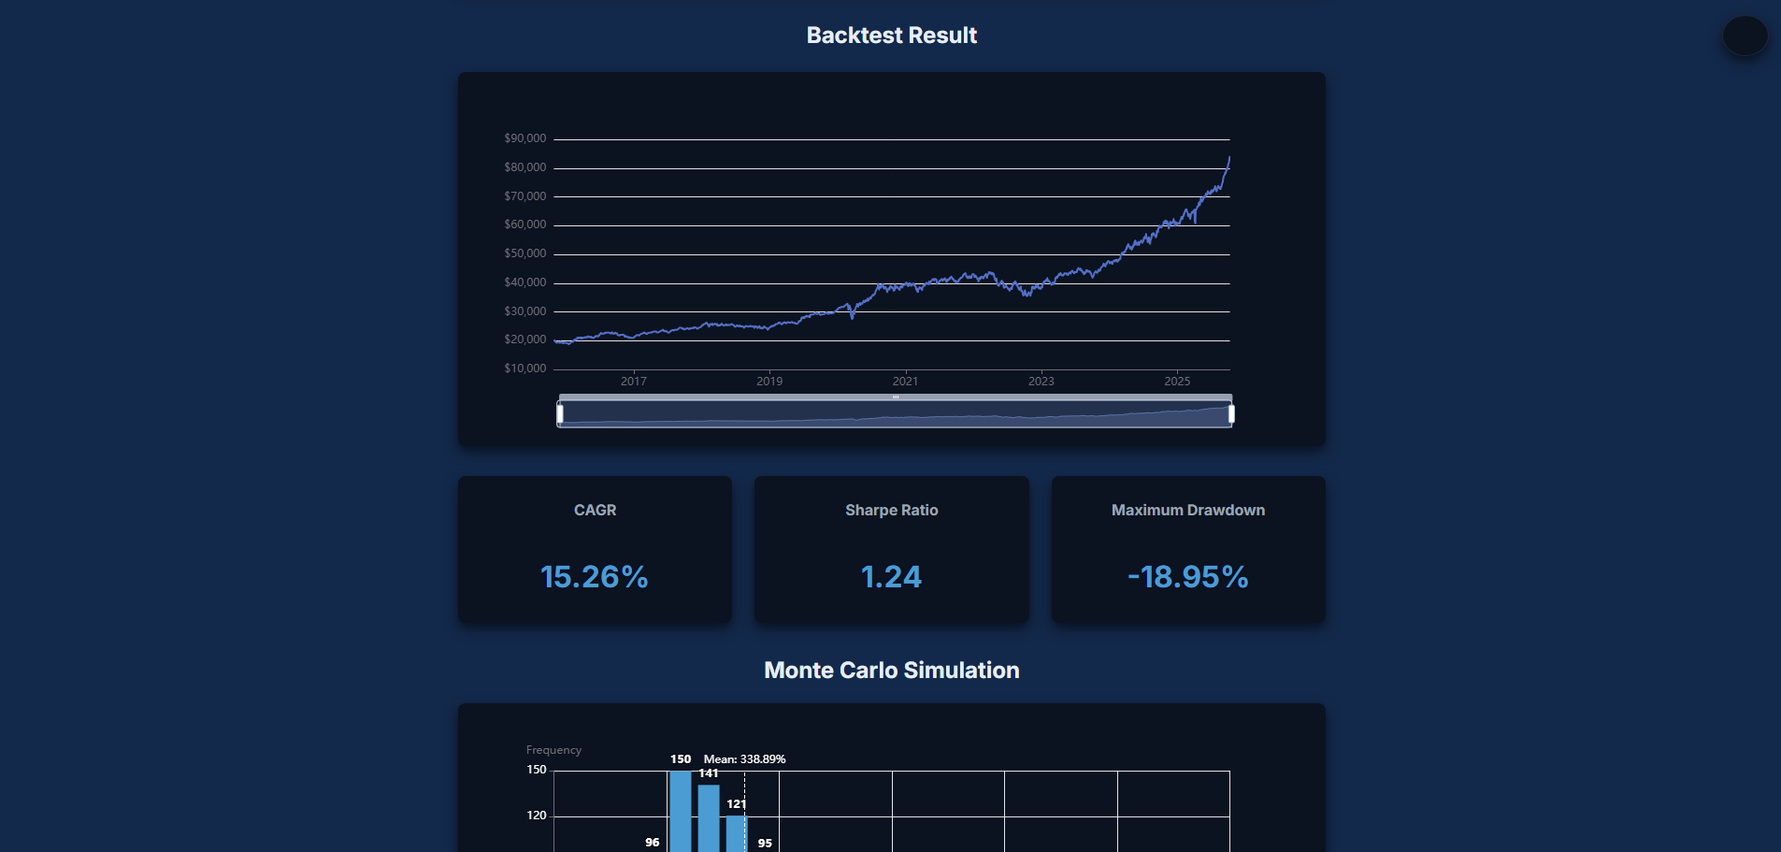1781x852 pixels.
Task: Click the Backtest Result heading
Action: pos(891,36)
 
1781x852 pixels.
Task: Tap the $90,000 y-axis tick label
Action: pos(524,138)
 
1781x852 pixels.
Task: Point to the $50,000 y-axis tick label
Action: pos(524,253)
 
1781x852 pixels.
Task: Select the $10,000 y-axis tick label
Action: pos(524,368)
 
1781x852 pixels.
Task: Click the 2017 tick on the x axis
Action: pos(633,381)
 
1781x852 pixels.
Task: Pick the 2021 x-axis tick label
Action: pos(905,381)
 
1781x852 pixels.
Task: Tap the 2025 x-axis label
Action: pos(1177,381)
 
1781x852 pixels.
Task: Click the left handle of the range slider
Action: pos(560,413)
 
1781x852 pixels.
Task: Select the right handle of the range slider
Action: pos(1231,413)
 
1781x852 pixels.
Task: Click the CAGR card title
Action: pos(595,510)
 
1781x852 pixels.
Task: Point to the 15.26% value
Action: pos(595,577)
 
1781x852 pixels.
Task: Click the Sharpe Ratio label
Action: pos(891,510)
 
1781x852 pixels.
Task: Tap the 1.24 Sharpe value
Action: pos(891,577)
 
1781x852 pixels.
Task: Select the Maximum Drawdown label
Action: pos(1187,510)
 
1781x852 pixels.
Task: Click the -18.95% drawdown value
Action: pos(1187,577)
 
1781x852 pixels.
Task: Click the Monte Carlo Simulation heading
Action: pos(891,671)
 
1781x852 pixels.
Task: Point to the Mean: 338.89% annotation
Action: pos(744,759)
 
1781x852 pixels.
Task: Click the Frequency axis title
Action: pos(553,750)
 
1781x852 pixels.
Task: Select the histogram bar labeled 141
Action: pos(709,818)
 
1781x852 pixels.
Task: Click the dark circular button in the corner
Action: pos(1745,36)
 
